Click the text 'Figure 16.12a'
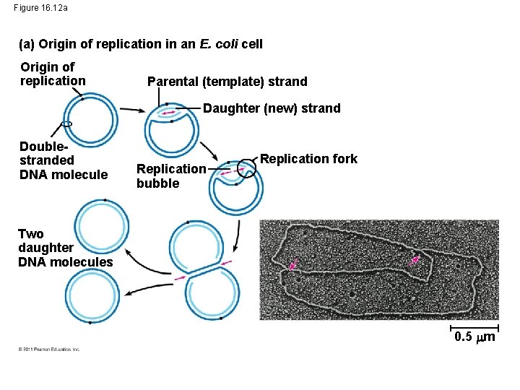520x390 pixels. click(41, 8)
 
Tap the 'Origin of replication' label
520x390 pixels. click(52, 74)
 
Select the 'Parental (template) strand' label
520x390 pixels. click(227, 82)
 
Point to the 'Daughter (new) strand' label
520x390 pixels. click(272, 108)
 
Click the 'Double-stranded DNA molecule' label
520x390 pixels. click(63, 160)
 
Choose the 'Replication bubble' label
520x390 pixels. click(171, 175)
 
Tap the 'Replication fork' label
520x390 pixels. click(308, 159)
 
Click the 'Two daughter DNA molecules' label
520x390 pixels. click(65, 248)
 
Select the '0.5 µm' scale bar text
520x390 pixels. click(474, 337)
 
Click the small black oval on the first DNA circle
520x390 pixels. click(67, 124)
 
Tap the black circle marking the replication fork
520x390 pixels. click(248, 170)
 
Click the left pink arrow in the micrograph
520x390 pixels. click(293, 265)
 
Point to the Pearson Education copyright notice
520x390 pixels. click(48, 350)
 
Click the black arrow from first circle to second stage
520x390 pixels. click(131, 110)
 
